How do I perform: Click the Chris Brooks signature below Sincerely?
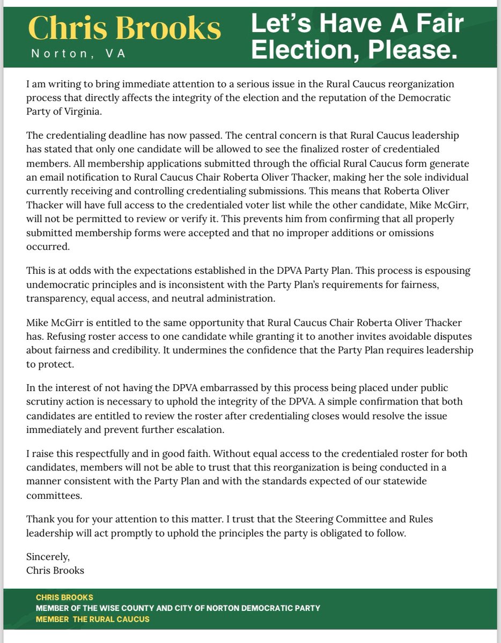tap(55, 570)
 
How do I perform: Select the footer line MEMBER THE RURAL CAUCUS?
tap(93, 619)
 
